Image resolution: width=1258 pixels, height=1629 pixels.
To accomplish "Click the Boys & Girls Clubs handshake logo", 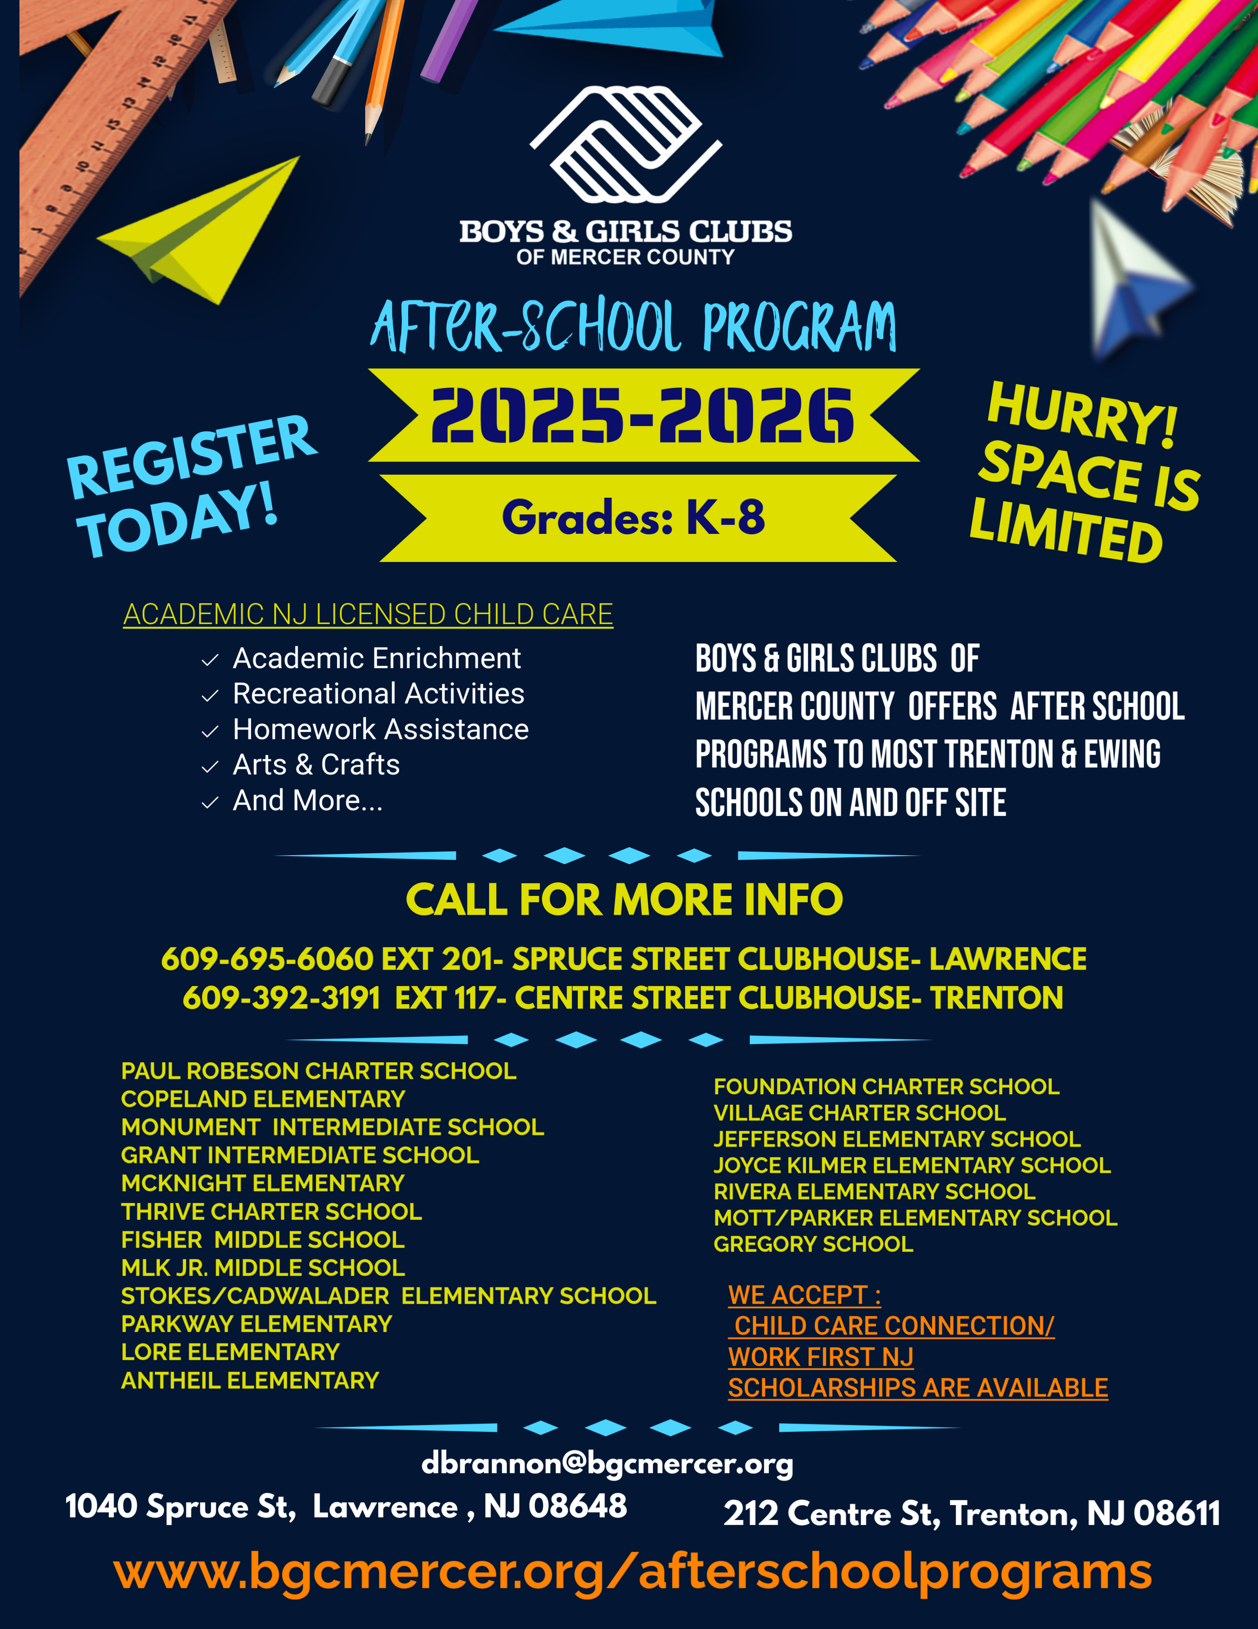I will point(626,144).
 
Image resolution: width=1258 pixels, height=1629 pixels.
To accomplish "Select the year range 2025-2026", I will point(642,415).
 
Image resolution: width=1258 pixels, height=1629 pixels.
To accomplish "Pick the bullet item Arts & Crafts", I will point(316,765).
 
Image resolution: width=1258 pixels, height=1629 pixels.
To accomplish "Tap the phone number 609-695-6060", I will point(267,959).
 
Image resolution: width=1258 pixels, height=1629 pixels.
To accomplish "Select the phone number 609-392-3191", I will point(281,998).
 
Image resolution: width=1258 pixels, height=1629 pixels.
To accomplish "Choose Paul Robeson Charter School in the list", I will point(319,1071).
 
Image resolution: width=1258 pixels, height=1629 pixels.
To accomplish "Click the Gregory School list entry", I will point(813,1244).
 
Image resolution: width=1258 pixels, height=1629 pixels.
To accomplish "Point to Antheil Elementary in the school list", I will point(250,1381).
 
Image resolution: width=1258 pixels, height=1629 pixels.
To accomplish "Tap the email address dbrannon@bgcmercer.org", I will point(607,1463).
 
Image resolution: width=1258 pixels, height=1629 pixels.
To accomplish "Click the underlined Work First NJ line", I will point(820,1357).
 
